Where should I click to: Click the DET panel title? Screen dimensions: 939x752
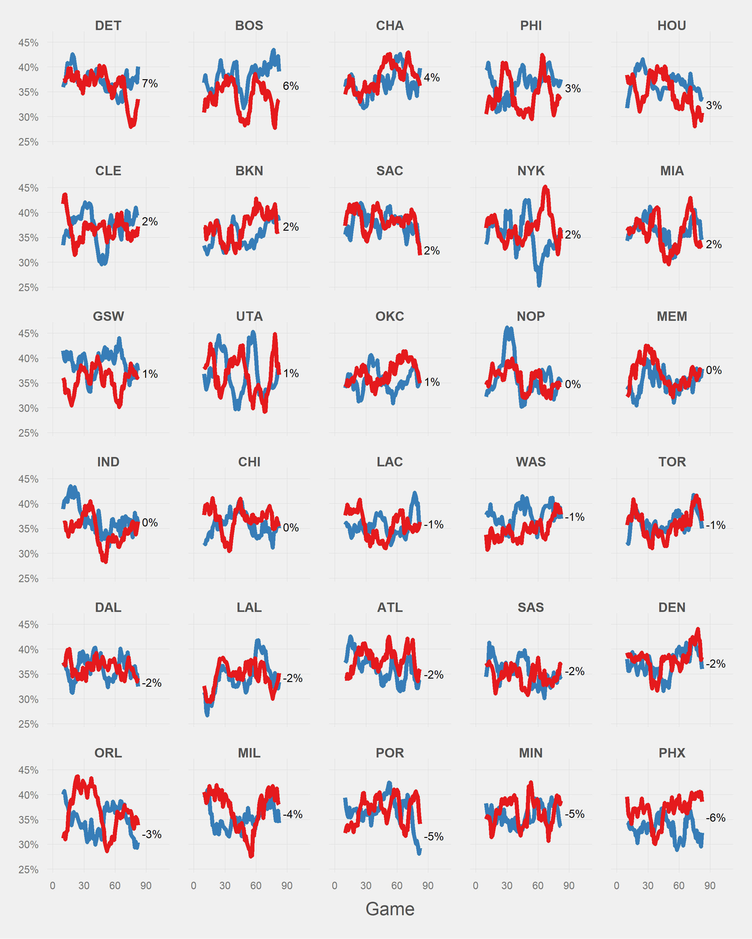click(108, 26)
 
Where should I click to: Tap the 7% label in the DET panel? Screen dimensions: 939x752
click(149, 84)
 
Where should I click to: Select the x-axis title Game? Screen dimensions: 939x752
click(390, 909)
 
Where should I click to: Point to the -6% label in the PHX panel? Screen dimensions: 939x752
click(715, 818)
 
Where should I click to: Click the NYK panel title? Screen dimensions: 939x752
click(530, 171)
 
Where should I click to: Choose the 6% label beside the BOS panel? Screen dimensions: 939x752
click(290, 86)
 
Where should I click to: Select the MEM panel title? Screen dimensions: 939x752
click(672, 316)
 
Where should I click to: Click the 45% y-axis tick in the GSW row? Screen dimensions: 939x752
click(28, 334)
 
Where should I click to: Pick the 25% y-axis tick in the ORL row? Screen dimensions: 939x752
click(28, 870)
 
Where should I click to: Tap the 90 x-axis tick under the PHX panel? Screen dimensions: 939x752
click(710, 885)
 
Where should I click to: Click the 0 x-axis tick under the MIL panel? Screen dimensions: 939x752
click(194, 885)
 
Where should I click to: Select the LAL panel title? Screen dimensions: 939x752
click(249, 607)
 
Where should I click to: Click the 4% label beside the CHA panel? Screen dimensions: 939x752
click(431, 78)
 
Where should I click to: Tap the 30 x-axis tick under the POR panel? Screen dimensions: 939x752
click(366, 885)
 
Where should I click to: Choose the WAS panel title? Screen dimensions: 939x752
click(530, 462)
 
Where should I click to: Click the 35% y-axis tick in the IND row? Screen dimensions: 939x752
click(28, 529)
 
